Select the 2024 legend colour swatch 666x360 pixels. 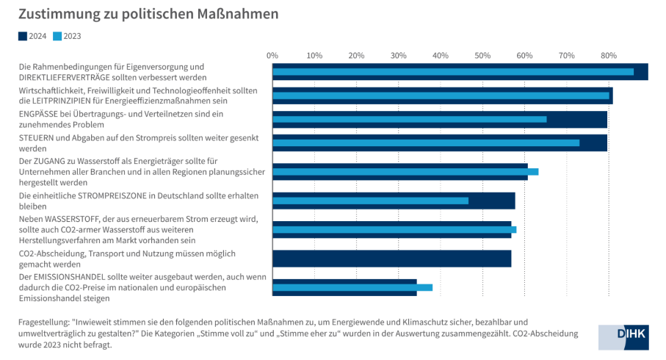click(x=23, y=35)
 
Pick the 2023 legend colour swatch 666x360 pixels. click(x=57, y=35)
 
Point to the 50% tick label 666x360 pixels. click(x=482, y=55)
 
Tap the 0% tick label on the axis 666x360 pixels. click(x=272, y=55)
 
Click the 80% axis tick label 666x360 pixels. click(x=608, y=55)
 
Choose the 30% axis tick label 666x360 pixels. click(x=399, y=55)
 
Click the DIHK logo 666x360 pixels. click(x=622, y=336)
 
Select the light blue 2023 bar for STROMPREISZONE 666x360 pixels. click(x=370, y=201)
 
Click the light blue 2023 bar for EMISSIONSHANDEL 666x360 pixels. click(x=352, y=287)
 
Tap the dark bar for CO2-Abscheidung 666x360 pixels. click(x=391, y=258)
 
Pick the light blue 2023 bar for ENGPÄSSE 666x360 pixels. click(x=409, y=119)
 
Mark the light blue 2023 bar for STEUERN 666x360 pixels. click(x=426, y=143)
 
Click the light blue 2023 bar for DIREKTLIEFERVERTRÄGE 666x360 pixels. click(x=452, y=72)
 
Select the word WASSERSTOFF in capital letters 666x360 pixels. click(x=76, y=218)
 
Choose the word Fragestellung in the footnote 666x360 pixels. click(x=43, y=323)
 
